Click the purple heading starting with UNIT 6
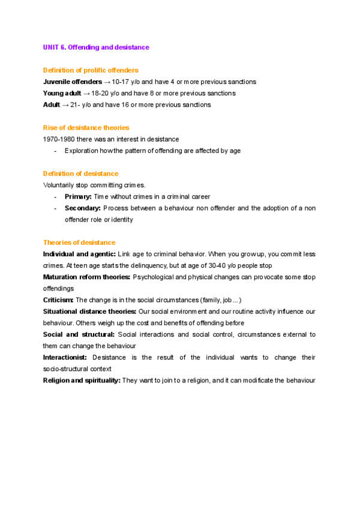click(x=96, y=47)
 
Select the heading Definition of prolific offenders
click(x=91, y=70)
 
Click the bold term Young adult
click(x=62, y=93)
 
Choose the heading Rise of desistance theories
click(x=86, y=128)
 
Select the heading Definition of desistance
click(x=80, y=174)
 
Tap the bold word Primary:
click(x=78, y=197)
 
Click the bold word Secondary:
click(x=82, y=208)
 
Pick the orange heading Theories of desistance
click(x=79, y=242)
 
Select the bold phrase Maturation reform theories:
click(x=86, y=277)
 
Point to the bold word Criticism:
click(x=58, y=300)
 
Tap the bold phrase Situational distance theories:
click(x=89, y=312)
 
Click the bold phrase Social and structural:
click(x=79, y=334)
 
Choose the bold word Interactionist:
click(x=65, y=357)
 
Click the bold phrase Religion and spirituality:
click(x=82, y=381)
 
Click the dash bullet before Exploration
click(x=55, y=151)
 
